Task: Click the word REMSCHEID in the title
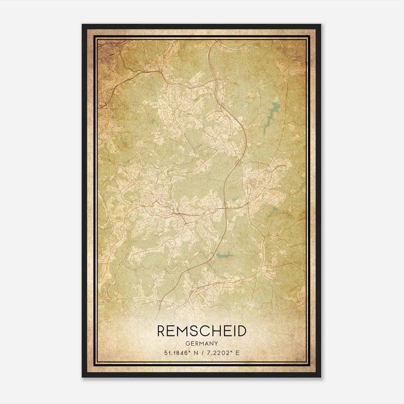pyautogui.click(x=201, y=331)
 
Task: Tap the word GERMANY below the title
pyautogui.click(x=201, y=343)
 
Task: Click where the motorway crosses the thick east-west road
pyautogui.click(x=225, y=208)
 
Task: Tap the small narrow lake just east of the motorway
pyautogui.click(x=236, y=199)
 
